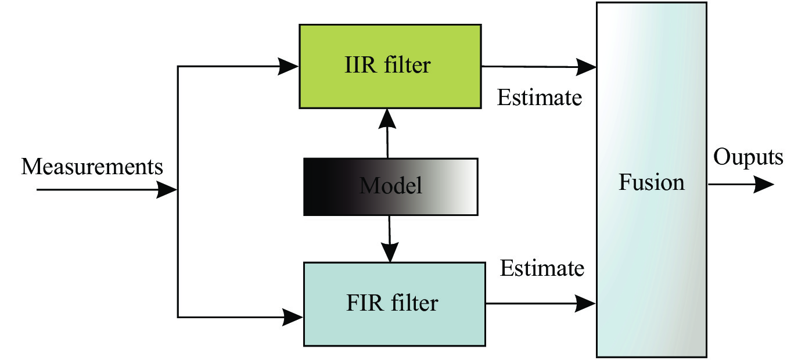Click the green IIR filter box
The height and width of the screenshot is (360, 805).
(390, 66)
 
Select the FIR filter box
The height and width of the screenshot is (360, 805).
(394, 304)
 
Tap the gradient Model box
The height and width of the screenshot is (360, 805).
(391, 187)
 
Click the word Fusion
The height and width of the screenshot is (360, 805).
(652, 182)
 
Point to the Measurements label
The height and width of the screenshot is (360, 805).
(92, 167)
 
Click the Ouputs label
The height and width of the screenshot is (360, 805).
(748, 158)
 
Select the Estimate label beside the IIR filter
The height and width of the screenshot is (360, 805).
(540, 98)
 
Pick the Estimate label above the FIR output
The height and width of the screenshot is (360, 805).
(542, 268)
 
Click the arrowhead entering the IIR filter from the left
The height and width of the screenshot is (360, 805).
(288, 66)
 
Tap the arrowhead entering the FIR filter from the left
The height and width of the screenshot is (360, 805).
(293, 317)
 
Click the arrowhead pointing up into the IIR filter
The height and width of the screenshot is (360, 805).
(387, 119)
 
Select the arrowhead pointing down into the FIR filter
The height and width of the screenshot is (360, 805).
(390, 252)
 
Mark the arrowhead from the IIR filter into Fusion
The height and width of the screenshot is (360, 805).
(586, 67)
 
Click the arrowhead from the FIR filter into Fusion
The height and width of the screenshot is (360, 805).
(585, 304)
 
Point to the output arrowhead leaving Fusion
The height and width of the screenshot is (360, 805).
(764, 185)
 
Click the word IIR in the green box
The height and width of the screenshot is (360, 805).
(361, 65)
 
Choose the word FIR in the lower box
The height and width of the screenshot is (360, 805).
(365, 303)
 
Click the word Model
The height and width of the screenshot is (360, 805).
(391, 186)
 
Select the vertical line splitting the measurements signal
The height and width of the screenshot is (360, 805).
(178, 192)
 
